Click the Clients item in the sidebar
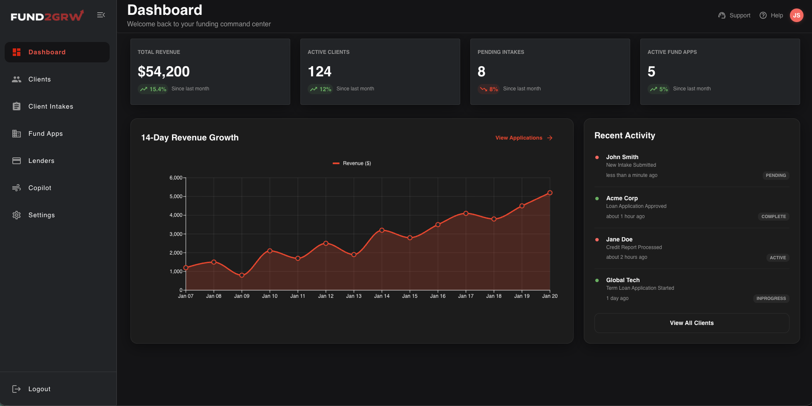tap(39, 79)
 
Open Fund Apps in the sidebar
tap(45, 134)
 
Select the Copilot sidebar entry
tap(40, 188)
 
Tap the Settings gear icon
tap(17, 215)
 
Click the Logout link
tap(39, 389)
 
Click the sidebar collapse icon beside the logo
tap(101, 15)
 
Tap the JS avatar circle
tap(796, 15)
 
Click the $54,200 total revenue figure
tap(164, 72)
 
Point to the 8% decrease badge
tap(489, 89)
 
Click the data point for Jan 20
tap(550, 193)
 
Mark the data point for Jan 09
tap(242, 275)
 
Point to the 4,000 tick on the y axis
tap(176, 215)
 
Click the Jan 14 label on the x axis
tap(382, 296)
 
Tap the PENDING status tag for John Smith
tap(775, 175)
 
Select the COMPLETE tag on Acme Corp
tap(773, 216)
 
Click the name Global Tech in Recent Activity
tap(622, 280)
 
